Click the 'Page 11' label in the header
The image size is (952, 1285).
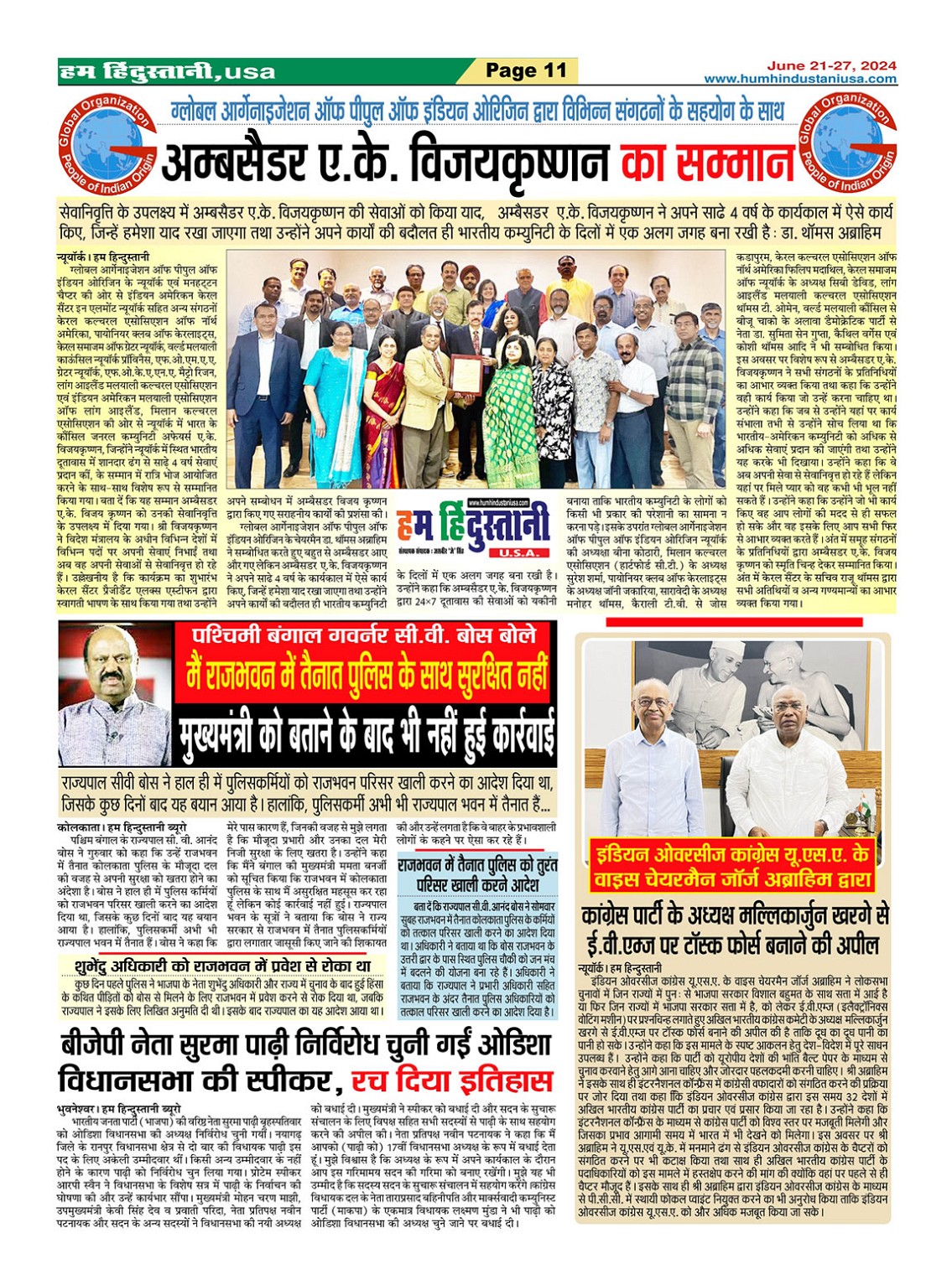tap(527, 71)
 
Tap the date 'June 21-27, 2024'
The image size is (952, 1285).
tap(831, 65)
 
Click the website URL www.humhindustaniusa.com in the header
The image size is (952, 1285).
tap(799, 79)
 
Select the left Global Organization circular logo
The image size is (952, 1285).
tap(106, 143)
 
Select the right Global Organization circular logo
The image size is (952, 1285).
tap(846, 143)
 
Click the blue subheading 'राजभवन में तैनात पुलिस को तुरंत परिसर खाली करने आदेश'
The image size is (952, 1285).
tap(476, 874)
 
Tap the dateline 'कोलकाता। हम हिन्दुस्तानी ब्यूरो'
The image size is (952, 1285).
tap(122, 827)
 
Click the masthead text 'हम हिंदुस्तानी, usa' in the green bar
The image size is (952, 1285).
tap(168, 71)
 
